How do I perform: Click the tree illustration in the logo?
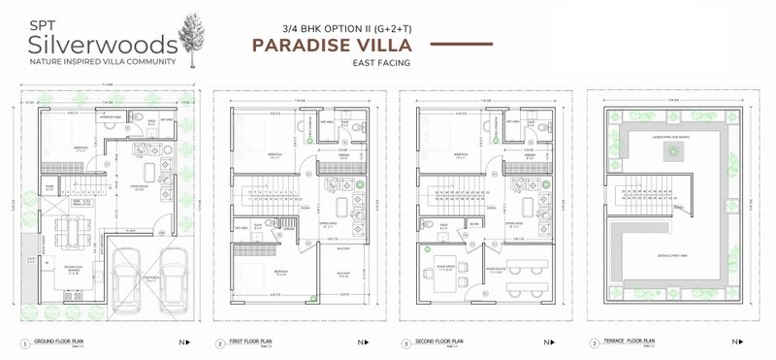pos(196,38)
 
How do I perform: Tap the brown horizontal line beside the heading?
pos(469,45)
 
